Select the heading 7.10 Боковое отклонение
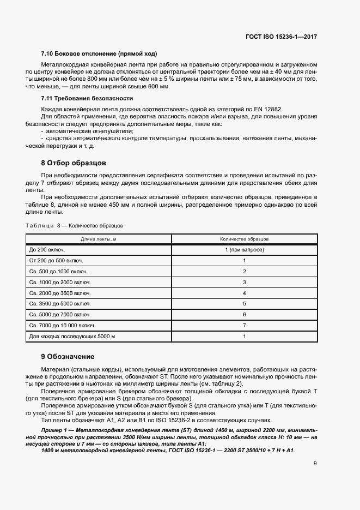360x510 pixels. click(x=99, y=53)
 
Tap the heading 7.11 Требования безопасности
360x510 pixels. click(x=87, y=98)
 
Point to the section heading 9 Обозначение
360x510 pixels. click(x=68, y=357)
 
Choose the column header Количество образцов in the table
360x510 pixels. click(x=244, y=239)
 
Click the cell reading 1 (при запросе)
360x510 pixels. click(x=244, y=249)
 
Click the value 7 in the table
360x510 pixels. click(x=245, y=325)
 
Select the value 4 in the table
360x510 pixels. click(x=245, y=293)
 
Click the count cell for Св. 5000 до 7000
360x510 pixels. click(x=245, y=315)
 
